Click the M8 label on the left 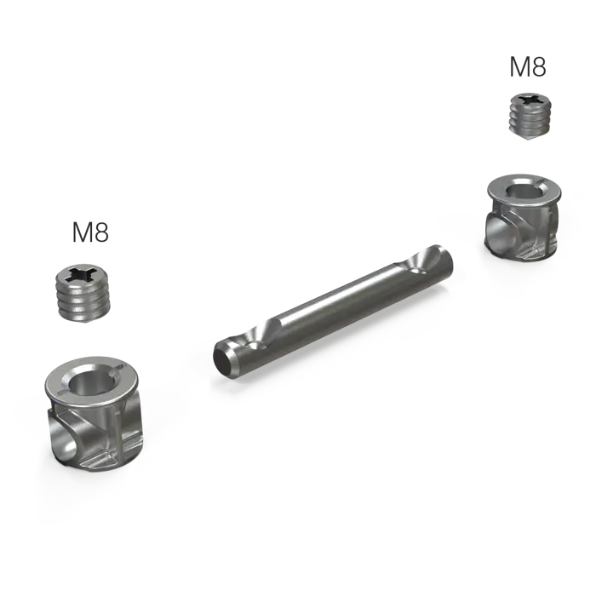tap(90, 232)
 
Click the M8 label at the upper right tap(528, 67)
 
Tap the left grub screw tap(84, 292)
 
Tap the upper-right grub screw tap(530, 117)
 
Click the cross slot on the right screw tap(530, 100)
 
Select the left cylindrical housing tap(92, 413)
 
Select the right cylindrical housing tap(523, 218)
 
